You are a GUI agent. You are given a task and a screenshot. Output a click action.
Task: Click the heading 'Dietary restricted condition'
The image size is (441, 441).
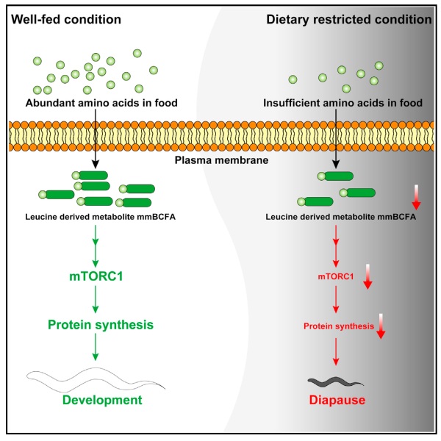348,18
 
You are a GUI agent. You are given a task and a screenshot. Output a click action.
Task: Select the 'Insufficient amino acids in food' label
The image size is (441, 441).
343,103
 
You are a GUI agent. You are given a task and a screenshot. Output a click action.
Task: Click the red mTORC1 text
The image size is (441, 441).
337,277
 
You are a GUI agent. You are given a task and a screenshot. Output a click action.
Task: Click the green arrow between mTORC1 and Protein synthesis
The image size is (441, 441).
95,300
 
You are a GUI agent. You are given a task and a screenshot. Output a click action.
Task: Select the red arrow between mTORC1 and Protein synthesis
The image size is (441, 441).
337,301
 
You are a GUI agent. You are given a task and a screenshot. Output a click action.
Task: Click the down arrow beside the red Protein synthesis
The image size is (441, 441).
381,326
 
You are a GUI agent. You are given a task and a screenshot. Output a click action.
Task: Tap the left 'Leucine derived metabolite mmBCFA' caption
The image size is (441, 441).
94,217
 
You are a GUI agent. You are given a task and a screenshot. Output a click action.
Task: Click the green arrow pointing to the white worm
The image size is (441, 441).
95,348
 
